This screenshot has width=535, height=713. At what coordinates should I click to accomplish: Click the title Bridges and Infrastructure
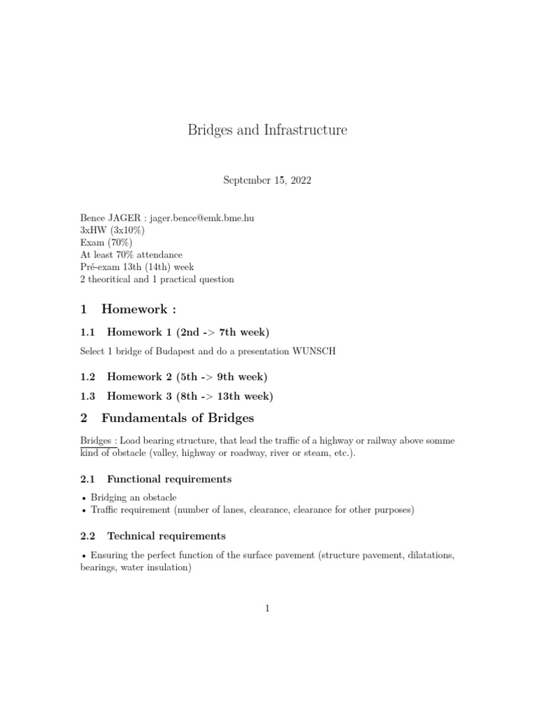coord(267,130)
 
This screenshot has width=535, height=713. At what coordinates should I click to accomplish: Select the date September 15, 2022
coord(267,180)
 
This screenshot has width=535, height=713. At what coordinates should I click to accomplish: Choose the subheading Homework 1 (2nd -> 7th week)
coord(187,332)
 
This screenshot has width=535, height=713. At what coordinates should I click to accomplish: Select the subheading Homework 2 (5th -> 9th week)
coord(187,377)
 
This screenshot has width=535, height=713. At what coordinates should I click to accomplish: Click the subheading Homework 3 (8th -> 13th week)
coord(189,396)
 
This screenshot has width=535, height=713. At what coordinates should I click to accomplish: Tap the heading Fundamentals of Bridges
coord(178,418)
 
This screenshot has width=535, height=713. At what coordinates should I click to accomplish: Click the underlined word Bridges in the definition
coord(95,441)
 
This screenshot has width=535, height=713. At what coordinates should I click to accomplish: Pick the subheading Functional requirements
coord(169,479)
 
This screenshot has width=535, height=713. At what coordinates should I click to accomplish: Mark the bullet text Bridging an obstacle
coord(133,498)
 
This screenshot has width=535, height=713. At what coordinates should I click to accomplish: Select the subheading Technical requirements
coord(166,536)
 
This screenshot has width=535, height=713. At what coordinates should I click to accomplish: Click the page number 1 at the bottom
coord(267,608)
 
